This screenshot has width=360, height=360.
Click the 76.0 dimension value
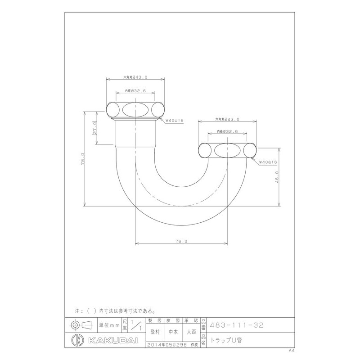(181, 242)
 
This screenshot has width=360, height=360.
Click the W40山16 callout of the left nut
(173, 120)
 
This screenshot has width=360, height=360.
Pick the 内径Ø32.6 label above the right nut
(227, 131)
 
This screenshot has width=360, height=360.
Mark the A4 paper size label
(292, 350)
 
